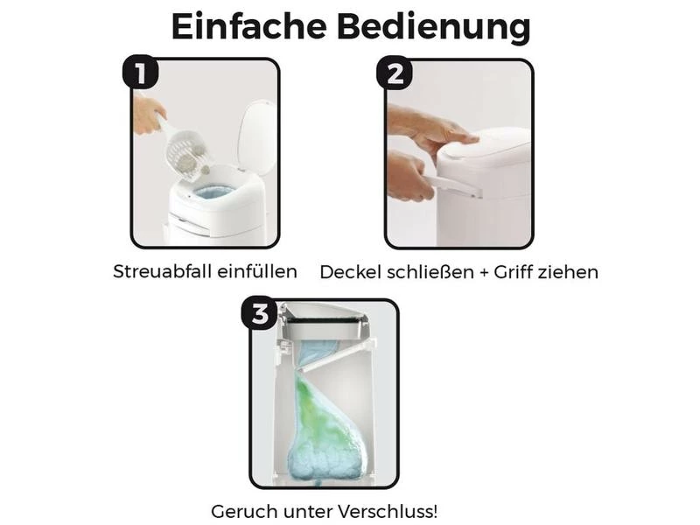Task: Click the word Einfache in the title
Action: (x=249, y=26)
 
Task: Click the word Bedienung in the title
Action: (x=434, y=28)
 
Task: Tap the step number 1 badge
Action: (x=140, y=72)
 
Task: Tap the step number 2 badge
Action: (x=395, y=73)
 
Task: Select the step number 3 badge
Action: (x=259, y=313)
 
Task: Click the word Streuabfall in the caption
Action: (x=161, y=271)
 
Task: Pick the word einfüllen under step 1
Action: (x=256, y=271)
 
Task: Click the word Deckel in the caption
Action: (x=351, y=272)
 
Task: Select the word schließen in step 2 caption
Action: (x=430, y=272)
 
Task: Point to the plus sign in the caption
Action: (x=484, y=273)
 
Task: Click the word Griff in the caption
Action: (x=513, y=272)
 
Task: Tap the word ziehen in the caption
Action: (x=568, y=272)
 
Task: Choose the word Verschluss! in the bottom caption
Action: (x=388, y=511)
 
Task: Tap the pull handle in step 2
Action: (x=451, y=185)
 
